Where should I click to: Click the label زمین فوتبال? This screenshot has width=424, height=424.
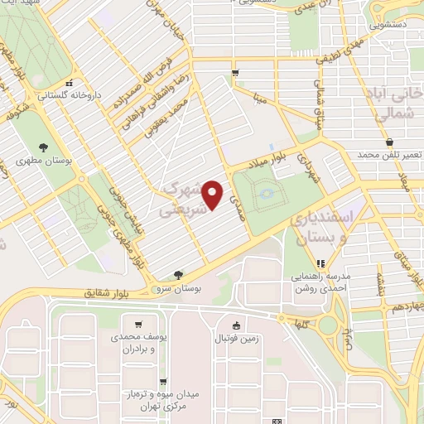(x=238, y=340)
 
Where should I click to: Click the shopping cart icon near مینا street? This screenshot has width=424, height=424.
(x=236, y=74)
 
